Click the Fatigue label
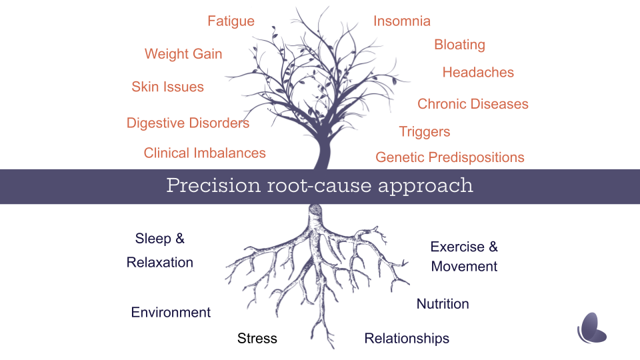[231, 21]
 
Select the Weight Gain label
[183, 54]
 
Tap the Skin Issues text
[167, 87]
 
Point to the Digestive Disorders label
[188, 123]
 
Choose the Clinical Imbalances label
[205, 153]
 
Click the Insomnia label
[401, 21]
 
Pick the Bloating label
[459, 45]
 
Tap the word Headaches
[478, 73]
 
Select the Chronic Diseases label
[473, 104]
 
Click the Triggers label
[425, 132]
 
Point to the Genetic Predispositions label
[450, 158]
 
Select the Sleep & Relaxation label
[160, 251]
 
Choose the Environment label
[171, 313]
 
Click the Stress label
[257, 339]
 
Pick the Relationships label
[407, 339]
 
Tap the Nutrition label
[443, 304]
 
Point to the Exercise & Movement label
[464, 257]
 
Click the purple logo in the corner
[592, 327]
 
